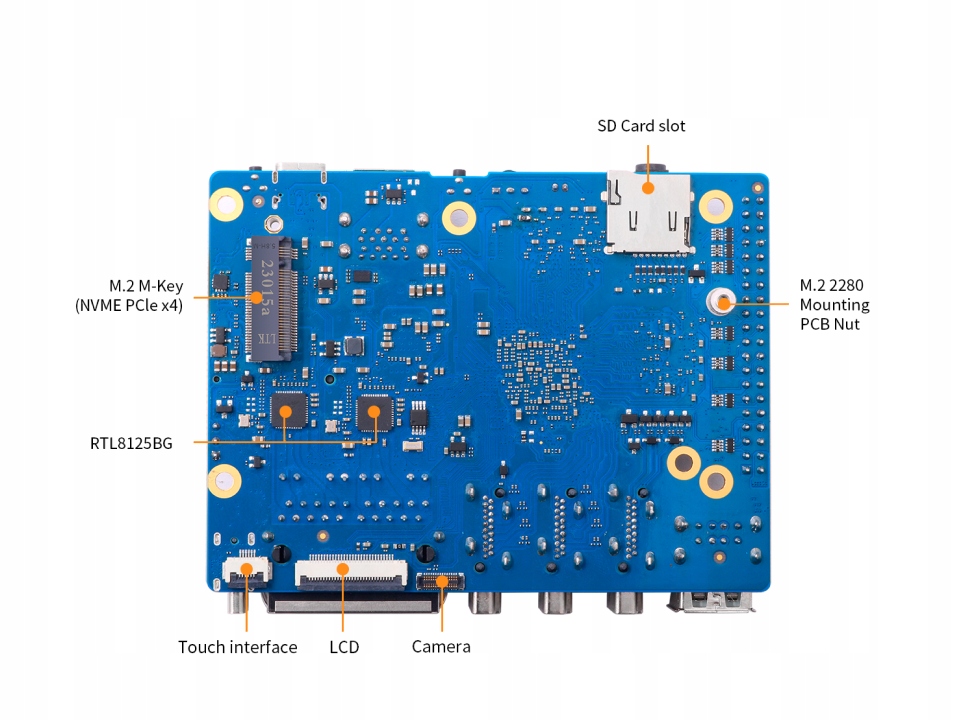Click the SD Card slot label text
[641, 126]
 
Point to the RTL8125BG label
[131, 442]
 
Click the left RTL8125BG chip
[287, 410]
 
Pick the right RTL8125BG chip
[375, 410]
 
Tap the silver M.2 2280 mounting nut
[722, 300]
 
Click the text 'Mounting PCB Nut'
[834, 314]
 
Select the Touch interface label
[237, 647]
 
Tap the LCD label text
[344, 647]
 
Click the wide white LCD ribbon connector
[350, 572]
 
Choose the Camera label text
[441, 647]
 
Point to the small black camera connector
[440, 580]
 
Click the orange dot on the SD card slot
[647, 186]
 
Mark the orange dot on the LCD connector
[342, 569]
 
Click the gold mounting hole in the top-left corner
[225, 204]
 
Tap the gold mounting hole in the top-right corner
[716, 206]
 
